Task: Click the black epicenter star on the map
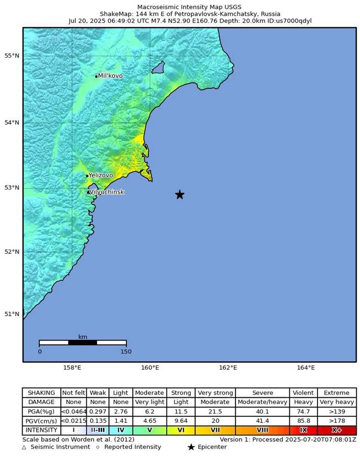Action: pyautogui.click(x=180, y=195)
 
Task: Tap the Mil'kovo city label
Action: pyautogui.click(x=110, y=76)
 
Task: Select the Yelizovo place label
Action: pyautogui.click(x=101, y=175)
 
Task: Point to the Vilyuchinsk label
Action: pyautogui.click(x=107, y=192)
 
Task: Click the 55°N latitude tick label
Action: pyautogui.click(x=12, y=55)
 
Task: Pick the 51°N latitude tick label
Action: pyautogui.click(x=12, y=314)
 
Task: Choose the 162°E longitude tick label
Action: pyautogui.click(x=228, y=368)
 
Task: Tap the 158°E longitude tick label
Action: pyautogui.click(x=72, y=368)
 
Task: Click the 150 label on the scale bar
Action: pyautogui.click(x=126, y=352)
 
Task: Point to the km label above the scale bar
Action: pyautogui.click(x=83, y=337)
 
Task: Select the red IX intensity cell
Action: pyautogui.click(x=303, y=430)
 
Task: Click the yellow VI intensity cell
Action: pyautogui.click(x=181, y=430)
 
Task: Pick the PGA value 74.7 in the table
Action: pyautogui.click(x=303, y=411)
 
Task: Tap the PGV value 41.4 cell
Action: pyautogui.click(x=263, y=421)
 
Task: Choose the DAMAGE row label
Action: pyautogui.click(x=42, y=402)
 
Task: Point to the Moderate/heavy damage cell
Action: pyautogui.click(x=263, y=402)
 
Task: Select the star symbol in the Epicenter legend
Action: pyautogui.click(x=191, y=447)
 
